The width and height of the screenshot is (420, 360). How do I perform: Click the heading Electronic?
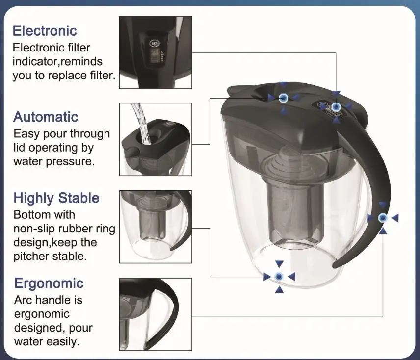45,31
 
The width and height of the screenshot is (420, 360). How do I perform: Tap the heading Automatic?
46,117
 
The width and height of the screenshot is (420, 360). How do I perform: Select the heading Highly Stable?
56,198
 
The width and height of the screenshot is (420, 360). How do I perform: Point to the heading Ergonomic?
49,283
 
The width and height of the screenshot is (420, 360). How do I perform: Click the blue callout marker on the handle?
383,218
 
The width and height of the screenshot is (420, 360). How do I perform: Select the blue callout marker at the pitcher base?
279,277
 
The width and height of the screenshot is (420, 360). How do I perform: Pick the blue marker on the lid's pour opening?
283,98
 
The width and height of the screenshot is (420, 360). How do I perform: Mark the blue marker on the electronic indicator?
336,106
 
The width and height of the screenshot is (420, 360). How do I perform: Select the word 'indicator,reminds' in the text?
57,62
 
